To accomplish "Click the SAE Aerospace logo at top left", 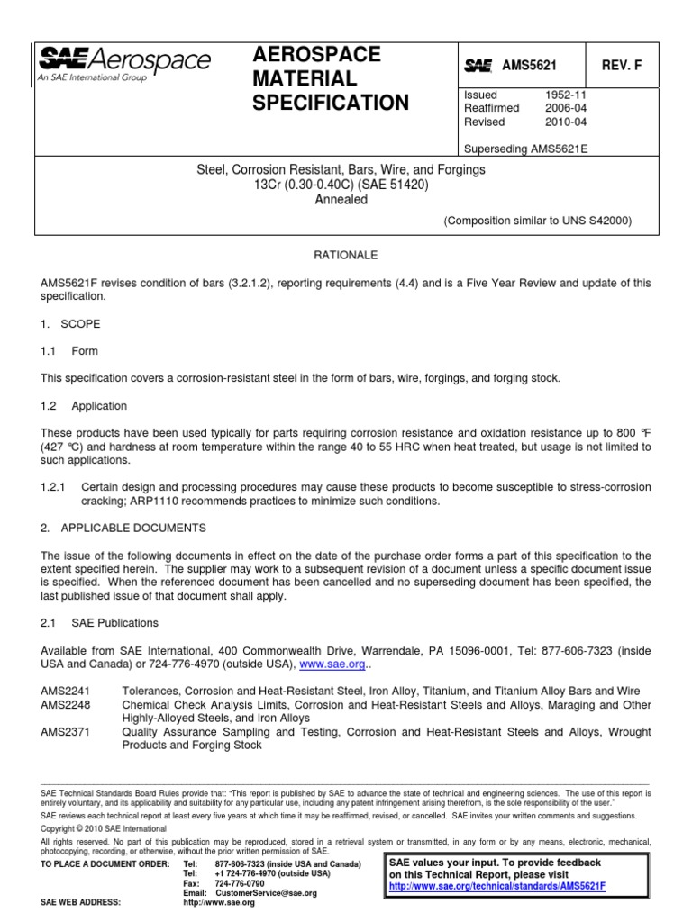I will [x=123, y=64].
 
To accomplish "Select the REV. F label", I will [x=622, y=65].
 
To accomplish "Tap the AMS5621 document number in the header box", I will [x=530, y=65].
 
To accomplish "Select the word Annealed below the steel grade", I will [x=341, y=200].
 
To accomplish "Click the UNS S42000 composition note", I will [x=537, y=220].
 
